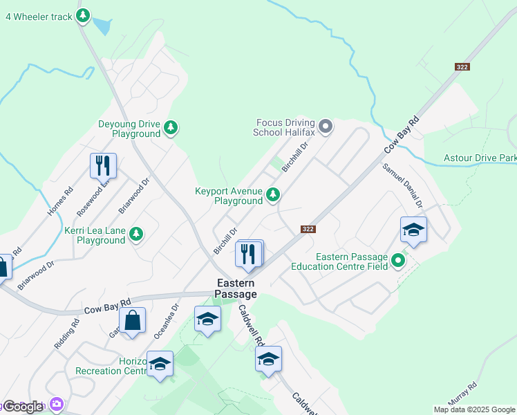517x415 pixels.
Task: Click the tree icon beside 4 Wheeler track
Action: [83, 15]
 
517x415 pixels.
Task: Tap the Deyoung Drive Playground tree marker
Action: [171, 127]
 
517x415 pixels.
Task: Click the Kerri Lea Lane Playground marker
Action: [136, 234]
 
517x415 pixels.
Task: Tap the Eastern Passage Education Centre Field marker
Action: [397, 260]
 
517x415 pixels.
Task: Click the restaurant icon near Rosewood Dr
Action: [103, 165]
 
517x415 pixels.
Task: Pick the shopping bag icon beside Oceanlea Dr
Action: [132, 320]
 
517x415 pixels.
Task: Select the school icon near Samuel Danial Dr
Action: [413, 230]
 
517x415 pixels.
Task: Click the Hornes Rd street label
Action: [60, 202]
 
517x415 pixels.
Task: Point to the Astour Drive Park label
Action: [480, 158]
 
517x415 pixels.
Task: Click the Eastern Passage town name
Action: [236, 288]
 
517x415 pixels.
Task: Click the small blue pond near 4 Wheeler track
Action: [102, 26]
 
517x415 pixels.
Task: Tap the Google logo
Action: [22, 407]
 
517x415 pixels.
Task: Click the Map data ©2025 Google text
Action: [475, 409]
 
